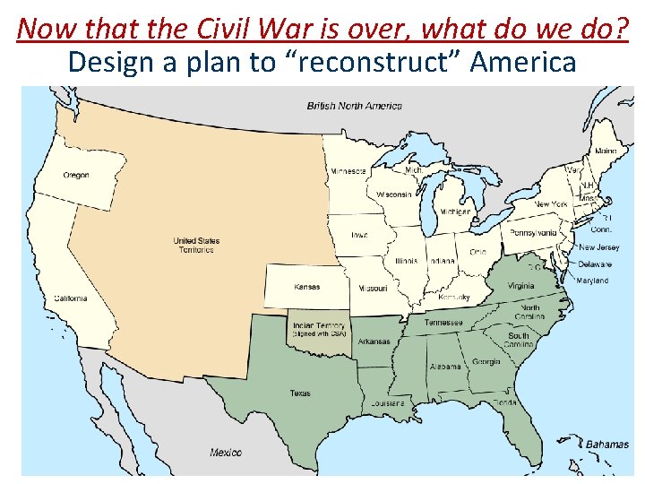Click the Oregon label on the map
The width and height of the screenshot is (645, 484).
click(x=76, y=175)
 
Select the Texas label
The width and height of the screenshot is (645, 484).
click(x=300, y=393)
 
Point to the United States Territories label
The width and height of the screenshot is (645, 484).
click(x=196, y=245)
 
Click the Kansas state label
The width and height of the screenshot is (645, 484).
click(x=306, y=287)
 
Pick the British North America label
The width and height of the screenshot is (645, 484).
click(x=355, y=106)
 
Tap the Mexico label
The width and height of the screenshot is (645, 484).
click(x=226, y=453)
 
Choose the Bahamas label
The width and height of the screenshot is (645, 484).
click(x=607, y=444)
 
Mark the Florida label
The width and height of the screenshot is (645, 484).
click(x=503, y=402)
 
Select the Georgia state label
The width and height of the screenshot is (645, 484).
click(x=486, y=362)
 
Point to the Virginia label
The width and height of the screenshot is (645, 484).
click(x=521, y=286)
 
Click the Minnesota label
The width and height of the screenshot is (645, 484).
click(x=348, y=170)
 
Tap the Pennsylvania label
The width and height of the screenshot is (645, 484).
click(x=533, y=233)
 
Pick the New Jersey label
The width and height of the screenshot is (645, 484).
click(x=598, y=247)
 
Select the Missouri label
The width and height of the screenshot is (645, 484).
click(x=373, y=289)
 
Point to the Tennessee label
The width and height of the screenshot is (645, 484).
click(x=443, y=322)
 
